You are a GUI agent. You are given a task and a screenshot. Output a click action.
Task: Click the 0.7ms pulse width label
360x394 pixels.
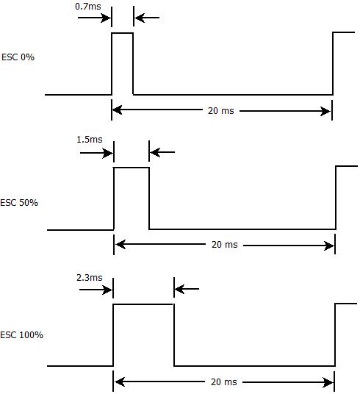click(88, 7)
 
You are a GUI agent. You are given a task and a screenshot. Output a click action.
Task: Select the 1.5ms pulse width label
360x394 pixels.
click(90, 140)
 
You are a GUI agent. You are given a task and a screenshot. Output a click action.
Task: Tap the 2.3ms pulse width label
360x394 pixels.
click(90, 278)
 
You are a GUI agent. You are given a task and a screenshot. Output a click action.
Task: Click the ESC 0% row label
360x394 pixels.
click(18, 57)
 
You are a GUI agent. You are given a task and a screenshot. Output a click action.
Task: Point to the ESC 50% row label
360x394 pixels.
click(19, 203)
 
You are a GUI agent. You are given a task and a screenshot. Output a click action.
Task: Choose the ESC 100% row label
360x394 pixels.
click(21, 335)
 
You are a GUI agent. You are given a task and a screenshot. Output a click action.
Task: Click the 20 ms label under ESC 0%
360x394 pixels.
click(221, 111)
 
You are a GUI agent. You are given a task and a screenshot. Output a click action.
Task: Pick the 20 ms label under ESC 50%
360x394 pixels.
click(225, 245)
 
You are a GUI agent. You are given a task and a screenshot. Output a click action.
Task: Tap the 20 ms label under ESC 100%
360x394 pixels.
click(224, 382)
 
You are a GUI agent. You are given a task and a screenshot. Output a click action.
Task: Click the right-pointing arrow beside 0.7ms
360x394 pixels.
click(94, 18)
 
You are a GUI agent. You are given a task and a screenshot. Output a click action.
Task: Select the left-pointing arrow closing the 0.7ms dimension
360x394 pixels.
click(147, 18)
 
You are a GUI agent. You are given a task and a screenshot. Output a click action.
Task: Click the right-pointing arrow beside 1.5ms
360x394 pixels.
click(96, 153)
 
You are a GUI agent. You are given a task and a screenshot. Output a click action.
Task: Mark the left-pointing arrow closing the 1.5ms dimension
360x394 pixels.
click(162, 152)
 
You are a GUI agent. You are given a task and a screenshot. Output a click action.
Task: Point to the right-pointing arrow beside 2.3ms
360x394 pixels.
click(96, 290)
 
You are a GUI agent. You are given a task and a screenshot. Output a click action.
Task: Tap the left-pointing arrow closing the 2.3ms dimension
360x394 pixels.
click(187, 289)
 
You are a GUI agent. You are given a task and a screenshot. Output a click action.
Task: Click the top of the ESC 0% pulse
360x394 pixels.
click(123, 33)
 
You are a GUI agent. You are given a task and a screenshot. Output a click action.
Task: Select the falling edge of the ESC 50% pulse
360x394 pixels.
click(149, 198)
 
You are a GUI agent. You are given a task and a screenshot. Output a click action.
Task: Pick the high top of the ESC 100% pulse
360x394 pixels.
click(143, 304)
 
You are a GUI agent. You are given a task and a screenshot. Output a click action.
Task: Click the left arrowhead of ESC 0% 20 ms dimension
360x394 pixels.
click(118, 110)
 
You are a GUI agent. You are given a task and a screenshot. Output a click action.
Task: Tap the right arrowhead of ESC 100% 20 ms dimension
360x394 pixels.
click(329, 383)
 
